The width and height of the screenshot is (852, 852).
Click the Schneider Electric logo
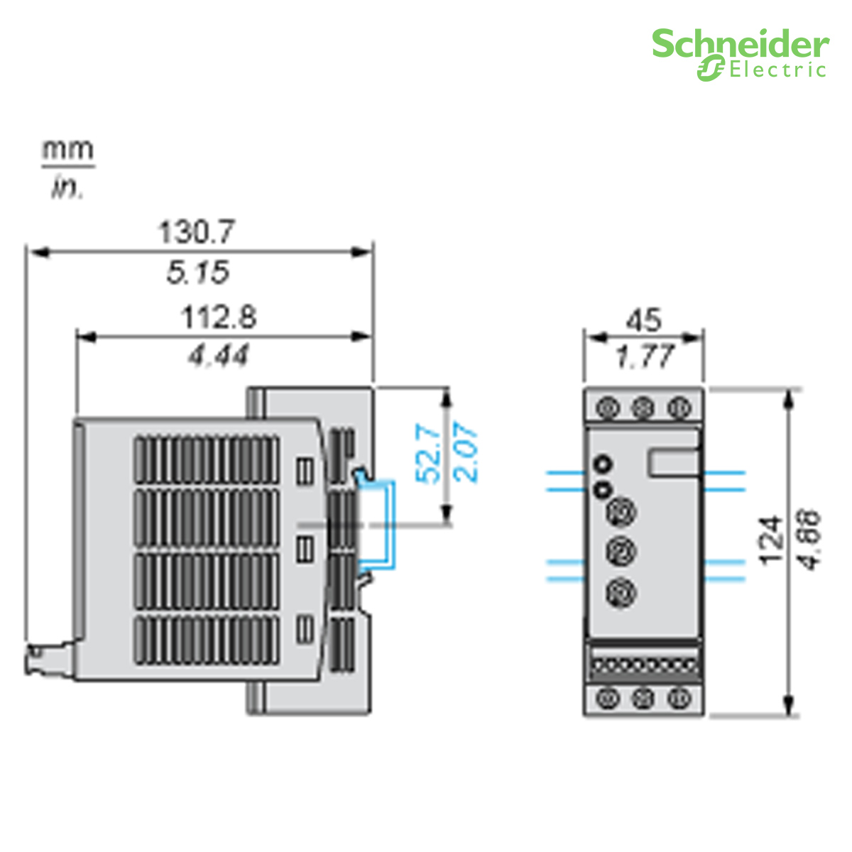tap(740, 54)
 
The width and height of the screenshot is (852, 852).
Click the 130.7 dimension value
tap(195, 232)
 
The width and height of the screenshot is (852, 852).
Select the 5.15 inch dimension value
tap(198, 273)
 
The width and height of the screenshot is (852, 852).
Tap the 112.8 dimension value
tap(219, 317)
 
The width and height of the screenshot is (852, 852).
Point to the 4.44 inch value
tap(219, 355)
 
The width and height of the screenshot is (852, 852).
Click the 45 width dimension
tap(643, 321)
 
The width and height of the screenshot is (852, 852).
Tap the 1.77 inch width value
tap(643, 356)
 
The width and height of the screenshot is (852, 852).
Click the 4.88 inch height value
tap(810, 540)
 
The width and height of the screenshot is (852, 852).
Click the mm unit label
tap(67, 150)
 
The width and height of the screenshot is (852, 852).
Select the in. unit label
tap(67, 188)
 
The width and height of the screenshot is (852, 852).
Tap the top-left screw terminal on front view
tap(607, 408)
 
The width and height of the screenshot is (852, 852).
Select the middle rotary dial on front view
tap(622, 551)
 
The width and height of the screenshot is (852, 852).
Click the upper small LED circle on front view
tap(603, 464)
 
